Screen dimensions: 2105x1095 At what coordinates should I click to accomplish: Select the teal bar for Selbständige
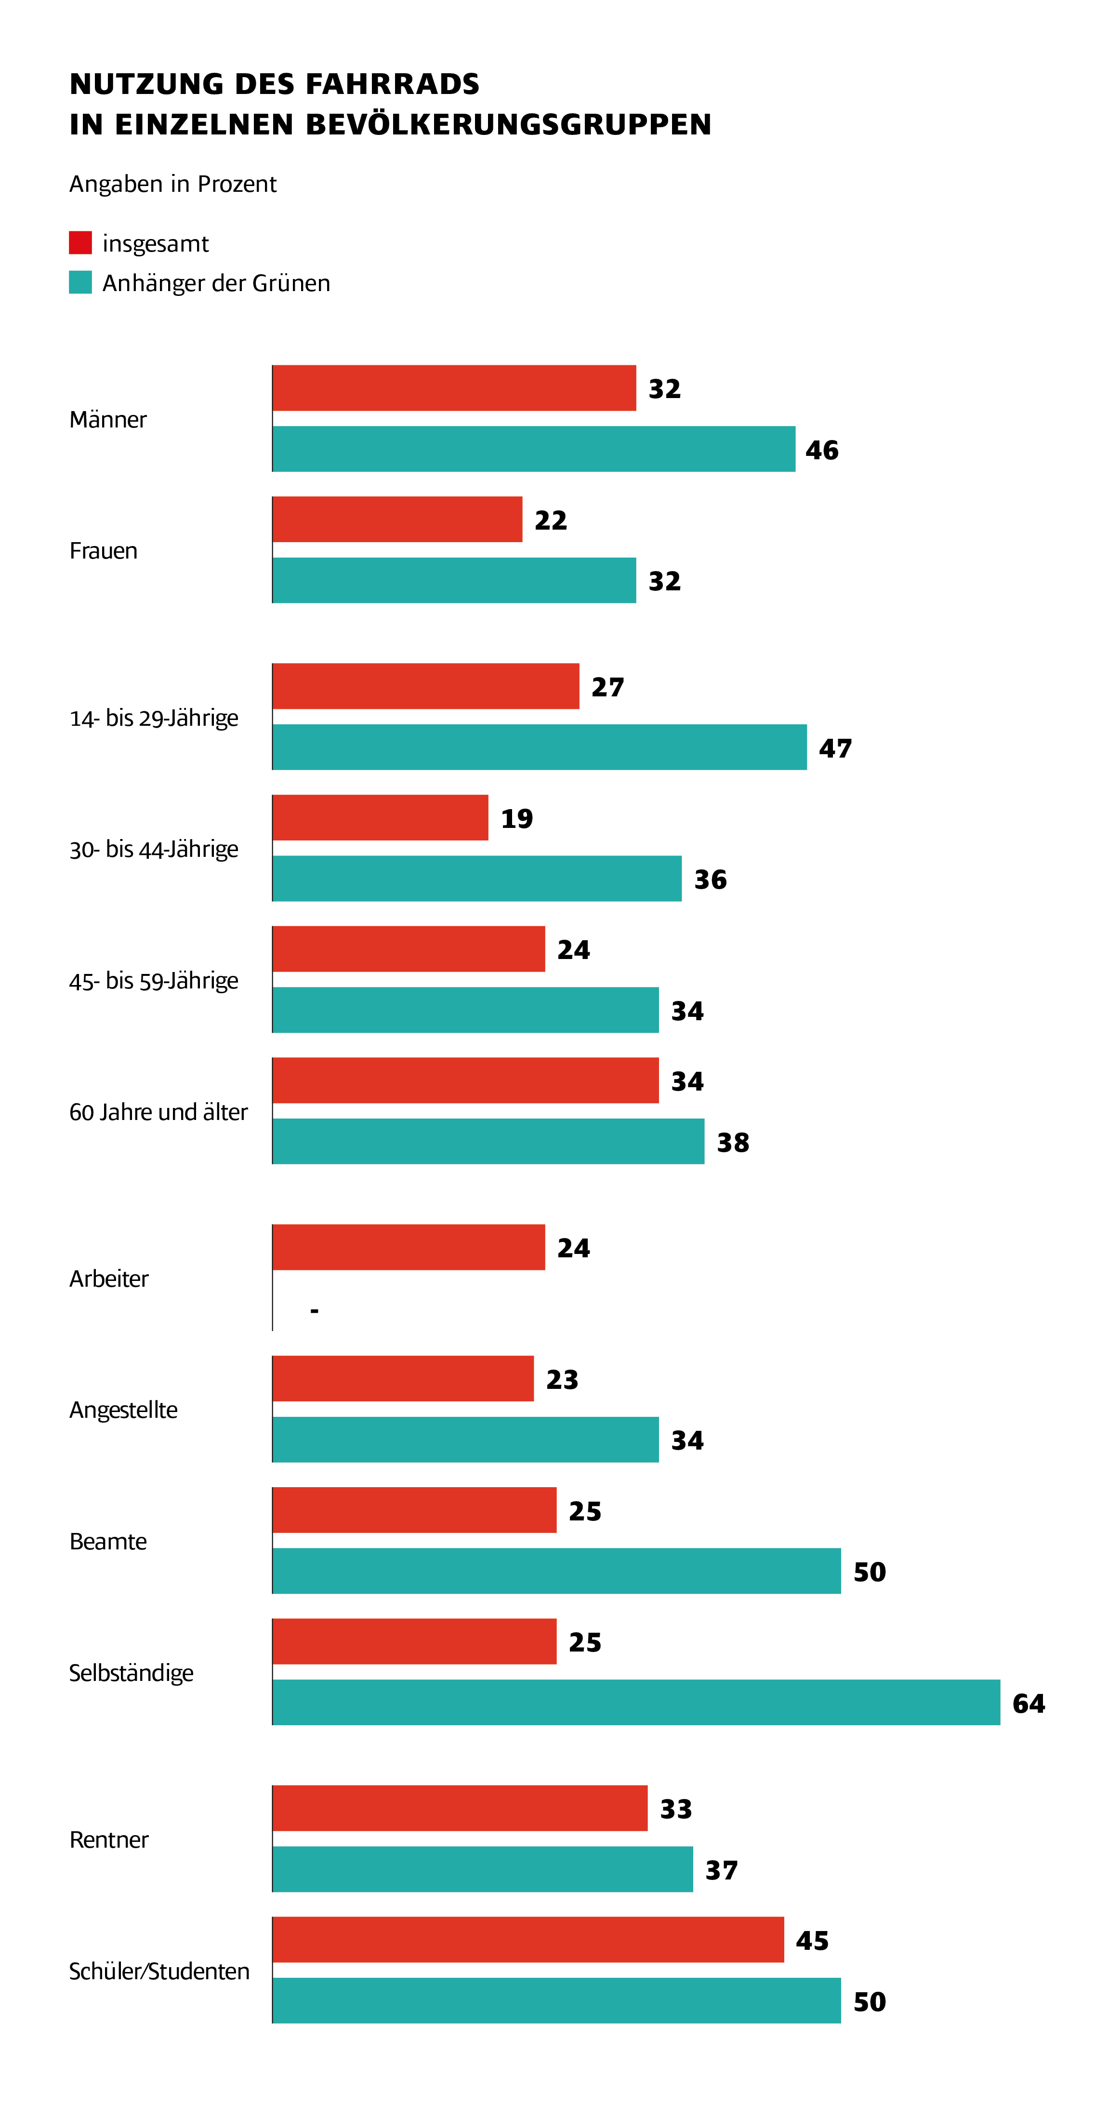click(x=636, y=1702)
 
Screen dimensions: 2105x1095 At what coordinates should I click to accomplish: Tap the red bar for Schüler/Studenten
click(x=528, y=1939)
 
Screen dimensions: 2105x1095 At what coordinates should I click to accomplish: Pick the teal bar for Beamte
click(x=556, y=1571)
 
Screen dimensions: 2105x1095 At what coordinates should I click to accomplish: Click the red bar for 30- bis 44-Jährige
click(x=380, y=817)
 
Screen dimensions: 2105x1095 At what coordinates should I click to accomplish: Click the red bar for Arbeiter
click(x=409, y=1247)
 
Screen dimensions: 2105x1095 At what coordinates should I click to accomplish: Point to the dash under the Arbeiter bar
click(x=315, y=1311)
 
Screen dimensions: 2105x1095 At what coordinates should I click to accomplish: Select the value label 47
click(x=835, y=748)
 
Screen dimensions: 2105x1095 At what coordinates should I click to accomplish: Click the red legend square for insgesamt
click(x=80, y=243)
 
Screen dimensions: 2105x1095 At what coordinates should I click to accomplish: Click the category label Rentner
click(x=109, y=1839)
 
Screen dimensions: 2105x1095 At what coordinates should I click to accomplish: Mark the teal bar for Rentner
click(x=482, y=1869)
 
